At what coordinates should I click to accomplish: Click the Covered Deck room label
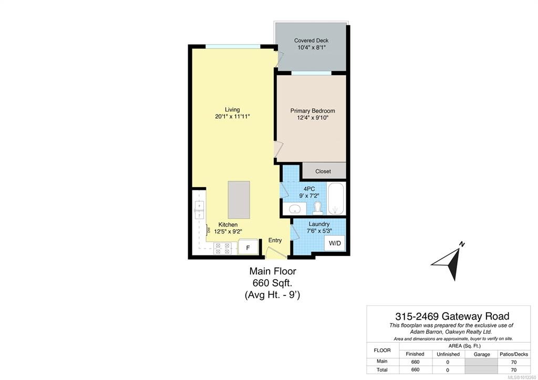(x=311, y=40)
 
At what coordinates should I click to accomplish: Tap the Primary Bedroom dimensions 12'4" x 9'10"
(x=313, y=118)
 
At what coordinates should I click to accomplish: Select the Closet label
(x=323, y=171)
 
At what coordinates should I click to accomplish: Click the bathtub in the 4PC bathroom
(x=336, y=199)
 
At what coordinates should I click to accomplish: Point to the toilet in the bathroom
(x=318, y=208)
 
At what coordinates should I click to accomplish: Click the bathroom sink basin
(x=294, y=209)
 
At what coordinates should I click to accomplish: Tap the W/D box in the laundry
(x=335, y=243)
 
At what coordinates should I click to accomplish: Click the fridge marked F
(x=248, y=248)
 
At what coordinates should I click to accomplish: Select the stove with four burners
(x=222, y=249)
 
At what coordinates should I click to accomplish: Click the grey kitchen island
(x=239, y=200)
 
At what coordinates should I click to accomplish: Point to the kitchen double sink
(x=199, y=210)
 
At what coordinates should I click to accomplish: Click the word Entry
(x=275, y=240)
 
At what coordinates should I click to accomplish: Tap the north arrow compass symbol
(x=449, y=262)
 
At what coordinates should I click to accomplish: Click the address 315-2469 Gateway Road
(x=452, y=316)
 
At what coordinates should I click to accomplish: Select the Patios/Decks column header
(x=514, y=354)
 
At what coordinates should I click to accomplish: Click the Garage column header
(x=482, y=354)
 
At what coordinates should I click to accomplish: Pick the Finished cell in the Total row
(x=415, y=369)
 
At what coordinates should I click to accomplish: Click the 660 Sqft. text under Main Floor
(x=273, y=283)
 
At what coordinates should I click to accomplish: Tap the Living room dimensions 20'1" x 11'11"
(x=232, y=117)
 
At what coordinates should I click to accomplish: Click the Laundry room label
(x=319, y=224)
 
